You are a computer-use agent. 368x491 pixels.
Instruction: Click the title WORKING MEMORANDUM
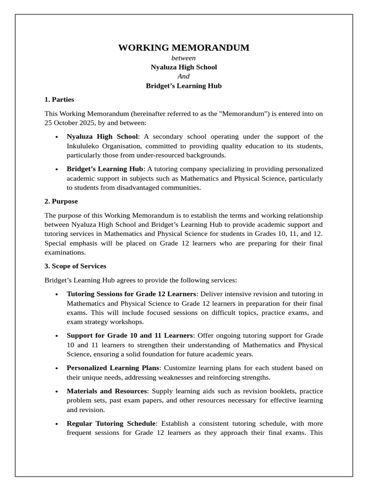pyautogui.click(x=184, y=47)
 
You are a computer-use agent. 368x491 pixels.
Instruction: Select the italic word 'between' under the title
pyautogui.click(x=184, y=58)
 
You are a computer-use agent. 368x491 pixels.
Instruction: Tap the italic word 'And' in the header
pyautogui.click(x=184, y=76)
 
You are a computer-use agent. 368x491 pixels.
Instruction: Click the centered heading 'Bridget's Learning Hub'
pyautogui.click(x=184, y=86)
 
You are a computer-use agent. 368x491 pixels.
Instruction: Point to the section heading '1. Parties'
pyautogui.click(x=59, y=99)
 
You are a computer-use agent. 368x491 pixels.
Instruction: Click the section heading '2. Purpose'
pyautogui.click(x=61, y=201)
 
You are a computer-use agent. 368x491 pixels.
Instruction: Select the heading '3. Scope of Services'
pyautogui.click(x=75, y=266)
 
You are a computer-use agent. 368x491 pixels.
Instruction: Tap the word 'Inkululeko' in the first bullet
pyautogui.click(x=83, y=146)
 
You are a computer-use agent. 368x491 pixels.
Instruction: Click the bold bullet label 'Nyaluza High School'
pyautogui.click(x=102, y=137)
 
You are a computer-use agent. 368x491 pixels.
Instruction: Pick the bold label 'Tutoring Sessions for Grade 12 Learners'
pyautogui.click(x=131, y=293)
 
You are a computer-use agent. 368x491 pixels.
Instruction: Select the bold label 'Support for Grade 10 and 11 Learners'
pyautogui.click(x=129, y=335)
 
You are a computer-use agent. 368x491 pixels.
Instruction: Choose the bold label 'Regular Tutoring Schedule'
pyautogui.click(x=111, y=423)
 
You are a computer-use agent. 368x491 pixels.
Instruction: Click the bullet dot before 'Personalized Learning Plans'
pyautogui.click(x=57, y=368)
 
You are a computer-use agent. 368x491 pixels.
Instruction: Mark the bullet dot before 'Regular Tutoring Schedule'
pyautogui.click(x=57, y=424)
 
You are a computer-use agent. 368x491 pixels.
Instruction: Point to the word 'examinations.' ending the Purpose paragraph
pyautogui.click(x=65, y=252)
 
